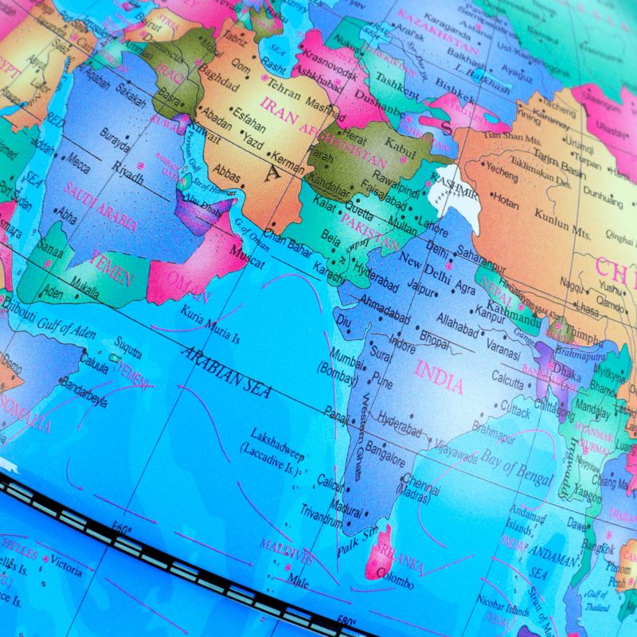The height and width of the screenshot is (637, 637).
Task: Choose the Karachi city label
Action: click(327, 271)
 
